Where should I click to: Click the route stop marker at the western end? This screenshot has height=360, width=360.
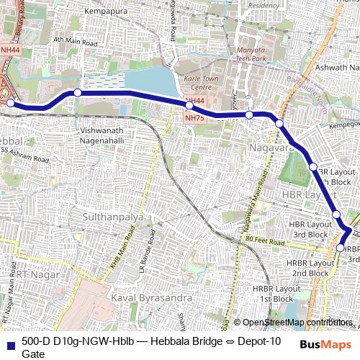tap(10, 103)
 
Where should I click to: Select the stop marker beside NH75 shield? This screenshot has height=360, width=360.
tap(189, 106)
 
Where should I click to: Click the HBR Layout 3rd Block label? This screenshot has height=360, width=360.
tap(308, 230)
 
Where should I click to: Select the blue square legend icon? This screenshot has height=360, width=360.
tap(10, 343)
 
